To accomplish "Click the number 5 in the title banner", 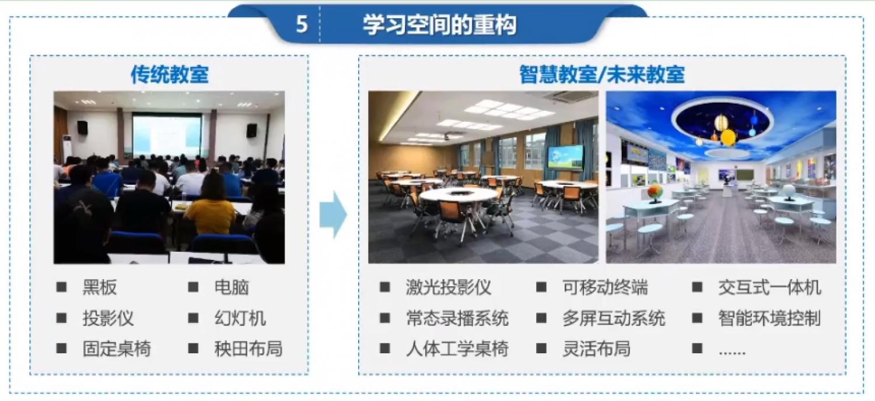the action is pyautogui.click(x=302, y=24).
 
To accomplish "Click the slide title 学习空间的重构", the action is pyautogui.click(x=440, y=24).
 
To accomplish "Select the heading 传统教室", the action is pyautogui.click(x=170, y=74).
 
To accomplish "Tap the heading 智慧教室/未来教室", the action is pyautogui.click(x=602, y=74).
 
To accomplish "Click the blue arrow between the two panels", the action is pyautogui.click(x=333, y=214).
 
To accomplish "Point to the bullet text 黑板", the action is pyautogui.click(x=100, y=287).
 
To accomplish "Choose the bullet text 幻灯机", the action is pyautogui.click(x=240, y=318).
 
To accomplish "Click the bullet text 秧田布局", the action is pyautogui.click(x=249, y=349).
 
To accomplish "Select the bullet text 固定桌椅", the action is pyautogui.click(x=117, y=349).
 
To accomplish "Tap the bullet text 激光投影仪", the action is pyautogui.click(x=449, y=287).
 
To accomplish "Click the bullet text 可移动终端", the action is pyautogui.click(x=605, y=287).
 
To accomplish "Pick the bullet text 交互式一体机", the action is pyautogui.click(x=769, y=287).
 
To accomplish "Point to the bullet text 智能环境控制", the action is pyautogui.click(x=769, y=318).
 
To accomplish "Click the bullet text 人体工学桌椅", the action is pyautogui.click(x=457, y=349).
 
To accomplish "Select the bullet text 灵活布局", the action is pyautogui.click(x=597, y=349).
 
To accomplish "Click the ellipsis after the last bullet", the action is pyautogui.click(x=732, y=353).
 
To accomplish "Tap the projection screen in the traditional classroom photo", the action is pyautogui.click(x=167, y=135).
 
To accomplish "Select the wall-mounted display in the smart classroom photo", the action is pyautogui.click(x=566, y=157).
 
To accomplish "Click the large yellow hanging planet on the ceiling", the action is pyautogui.click(x=728, y=138).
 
